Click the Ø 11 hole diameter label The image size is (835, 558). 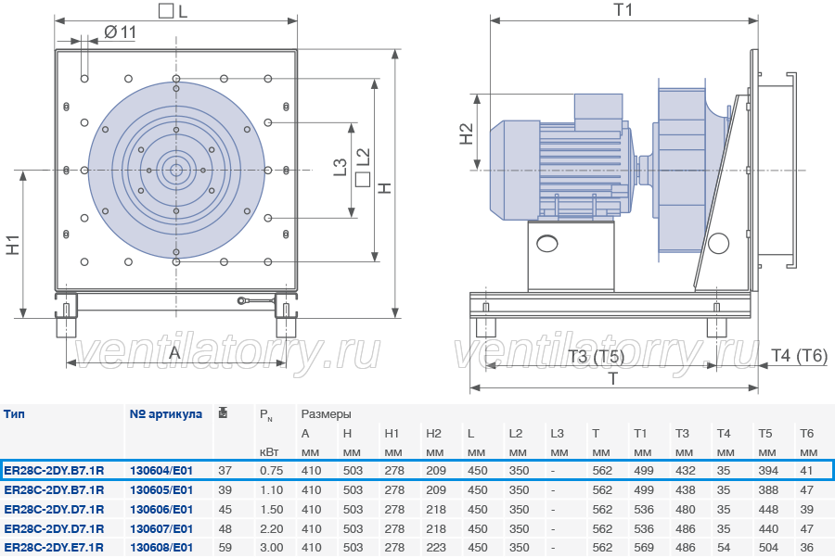[121, 32]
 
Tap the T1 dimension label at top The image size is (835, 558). [623, 9]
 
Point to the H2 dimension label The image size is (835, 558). [466, 133]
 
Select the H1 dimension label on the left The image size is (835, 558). [12, 244]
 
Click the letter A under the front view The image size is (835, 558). [174, 352]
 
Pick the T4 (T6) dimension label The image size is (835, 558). [800, 355]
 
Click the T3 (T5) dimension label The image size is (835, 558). [596, 356]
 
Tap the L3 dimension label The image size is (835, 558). [340, 167]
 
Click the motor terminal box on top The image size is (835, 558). [598, 111]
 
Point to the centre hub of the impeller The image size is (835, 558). [176, 171]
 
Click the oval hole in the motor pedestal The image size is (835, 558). [546, 244]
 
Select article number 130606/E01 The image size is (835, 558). [161, 510]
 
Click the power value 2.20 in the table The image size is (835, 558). [272, 528]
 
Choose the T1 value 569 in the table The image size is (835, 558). [643, 548]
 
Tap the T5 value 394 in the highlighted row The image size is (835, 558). [768, 471]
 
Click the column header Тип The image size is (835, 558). [14, 413]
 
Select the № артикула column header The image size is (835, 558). [166, 413]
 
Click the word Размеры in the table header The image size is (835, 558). [326, 414]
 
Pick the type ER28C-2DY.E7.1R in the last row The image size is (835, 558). [54, 548]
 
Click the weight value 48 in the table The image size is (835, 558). [225, 528]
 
